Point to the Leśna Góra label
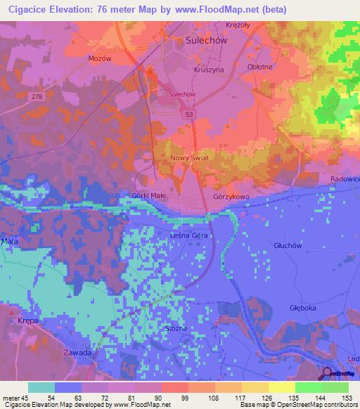[190, 236]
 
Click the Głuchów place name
[287, 246]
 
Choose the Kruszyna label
[207, 71]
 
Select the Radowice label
[345, 179]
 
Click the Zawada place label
[77, 352]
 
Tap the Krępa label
[27, 320]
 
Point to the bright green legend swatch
[309, 387]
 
